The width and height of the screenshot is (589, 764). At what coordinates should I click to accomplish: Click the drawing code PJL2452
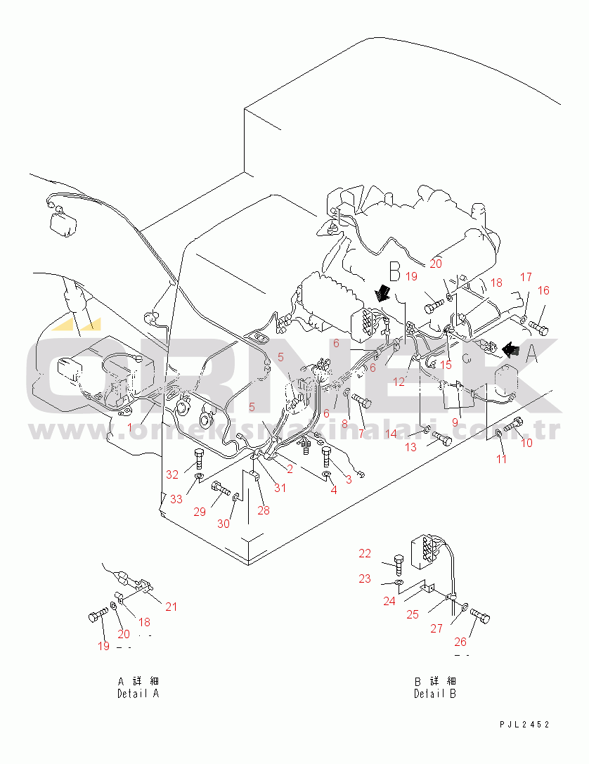[524, 724]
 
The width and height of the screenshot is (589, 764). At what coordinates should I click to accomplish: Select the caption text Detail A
[138, 693]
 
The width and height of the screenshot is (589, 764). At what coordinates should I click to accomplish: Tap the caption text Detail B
[434, 693]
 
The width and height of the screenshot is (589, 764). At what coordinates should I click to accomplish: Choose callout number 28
[264, 510]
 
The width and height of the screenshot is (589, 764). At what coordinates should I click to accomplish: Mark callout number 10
[526, 443]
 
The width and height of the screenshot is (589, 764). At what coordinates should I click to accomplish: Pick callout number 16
[543, 290]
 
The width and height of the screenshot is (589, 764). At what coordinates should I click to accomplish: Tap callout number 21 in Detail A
[171, 607]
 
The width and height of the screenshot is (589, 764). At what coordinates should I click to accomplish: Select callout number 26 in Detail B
[460, 641]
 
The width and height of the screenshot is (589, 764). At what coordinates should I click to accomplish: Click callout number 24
[389, 601]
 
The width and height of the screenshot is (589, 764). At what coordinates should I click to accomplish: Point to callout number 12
[399, 382]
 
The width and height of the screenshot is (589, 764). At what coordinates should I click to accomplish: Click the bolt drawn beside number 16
[539, 325]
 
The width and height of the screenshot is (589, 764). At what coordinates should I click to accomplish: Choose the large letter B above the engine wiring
[394, 271]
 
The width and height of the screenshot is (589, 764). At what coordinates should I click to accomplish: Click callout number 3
[348, 478]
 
